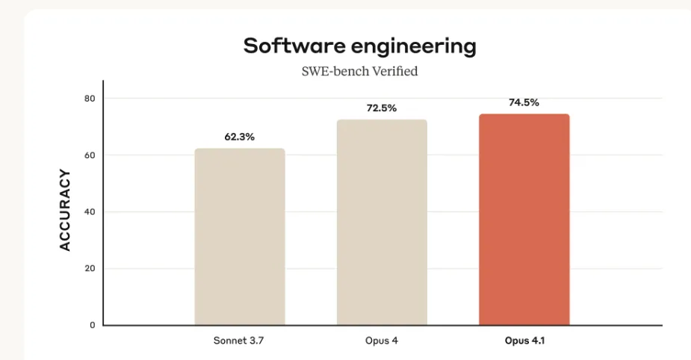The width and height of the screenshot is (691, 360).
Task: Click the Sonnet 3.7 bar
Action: click(x=240, y=237)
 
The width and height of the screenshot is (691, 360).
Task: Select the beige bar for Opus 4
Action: click(x=382, y=223)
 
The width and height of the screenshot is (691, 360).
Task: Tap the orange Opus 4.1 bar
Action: click(x=524, y=220)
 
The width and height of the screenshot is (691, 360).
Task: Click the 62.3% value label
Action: click(x=240, y=137)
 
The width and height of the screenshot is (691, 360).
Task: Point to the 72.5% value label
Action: click(x=382, y=108)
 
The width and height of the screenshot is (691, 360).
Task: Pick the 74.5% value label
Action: click(x=524, y=102)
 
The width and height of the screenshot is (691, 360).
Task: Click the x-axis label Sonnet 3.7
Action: click(x=239, y=341)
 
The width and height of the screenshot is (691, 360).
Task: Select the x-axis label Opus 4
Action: click(x=382, y=341)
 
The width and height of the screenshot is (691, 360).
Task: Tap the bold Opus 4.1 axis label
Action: click(x=524, y=341)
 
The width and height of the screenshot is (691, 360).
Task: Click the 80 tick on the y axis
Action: click(x=90, y=99)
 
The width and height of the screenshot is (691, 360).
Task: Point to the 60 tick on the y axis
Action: click(x=90, y=155)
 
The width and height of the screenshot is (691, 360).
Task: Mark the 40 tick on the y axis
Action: click(x=90, y=212)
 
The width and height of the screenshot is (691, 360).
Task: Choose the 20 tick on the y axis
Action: click(x=90, y=269)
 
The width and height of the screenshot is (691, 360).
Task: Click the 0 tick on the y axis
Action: click(x=93, y=326)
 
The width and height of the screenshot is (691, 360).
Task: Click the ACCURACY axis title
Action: click(x=65, y=211)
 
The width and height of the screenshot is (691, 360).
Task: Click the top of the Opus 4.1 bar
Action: click(x=524, y=116)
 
